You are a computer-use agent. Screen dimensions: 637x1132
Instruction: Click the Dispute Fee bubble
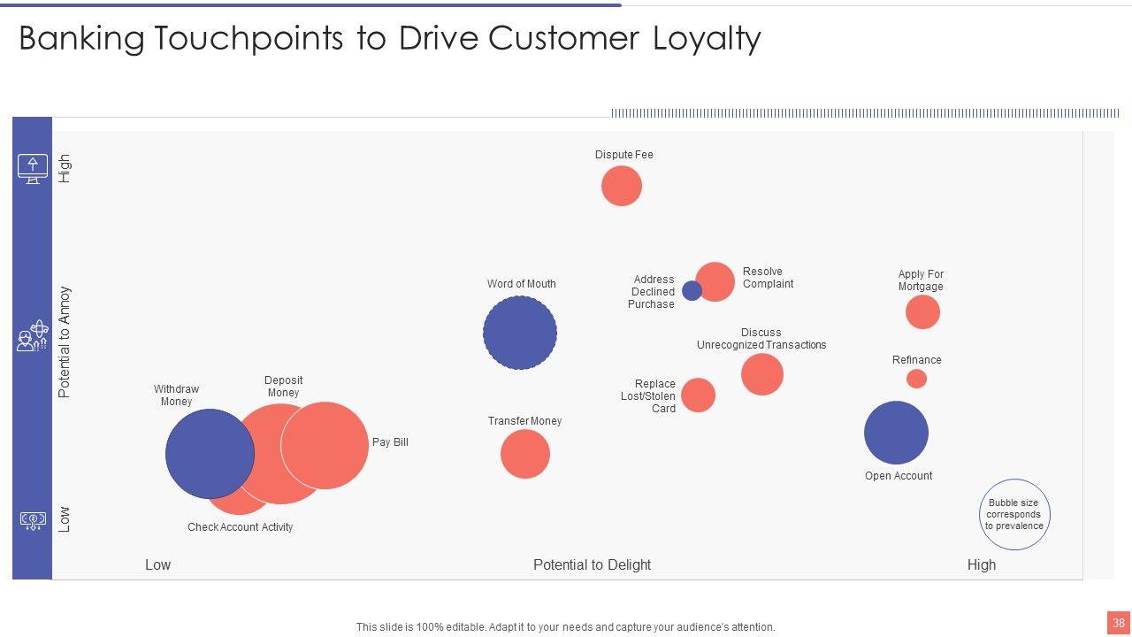621,187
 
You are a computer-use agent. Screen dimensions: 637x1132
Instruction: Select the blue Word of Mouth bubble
520,333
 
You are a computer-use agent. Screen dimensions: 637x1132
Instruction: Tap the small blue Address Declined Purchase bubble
692,290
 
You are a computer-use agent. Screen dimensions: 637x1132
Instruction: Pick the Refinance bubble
916,379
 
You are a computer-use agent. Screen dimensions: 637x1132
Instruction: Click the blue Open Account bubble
896,433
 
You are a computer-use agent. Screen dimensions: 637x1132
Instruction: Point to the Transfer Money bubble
525,454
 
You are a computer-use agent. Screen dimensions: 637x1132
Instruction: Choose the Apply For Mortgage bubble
922,312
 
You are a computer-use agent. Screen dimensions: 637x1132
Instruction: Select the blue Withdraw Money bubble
210,454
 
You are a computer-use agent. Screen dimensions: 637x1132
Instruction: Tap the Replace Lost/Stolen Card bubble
698,395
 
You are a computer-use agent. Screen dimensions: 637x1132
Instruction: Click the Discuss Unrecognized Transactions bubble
762,374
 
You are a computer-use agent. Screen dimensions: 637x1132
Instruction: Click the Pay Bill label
390,442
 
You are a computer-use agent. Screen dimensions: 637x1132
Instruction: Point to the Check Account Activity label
240,527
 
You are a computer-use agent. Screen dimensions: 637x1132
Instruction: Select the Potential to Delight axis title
592,565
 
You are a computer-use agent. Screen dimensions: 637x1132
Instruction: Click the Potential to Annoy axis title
64,342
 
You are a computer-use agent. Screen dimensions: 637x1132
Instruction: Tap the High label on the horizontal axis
982,565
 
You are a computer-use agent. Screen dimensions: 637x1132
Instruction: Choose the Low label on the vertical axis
64,518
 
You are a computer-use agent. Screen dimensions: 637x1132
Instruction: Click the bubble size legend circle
1014,515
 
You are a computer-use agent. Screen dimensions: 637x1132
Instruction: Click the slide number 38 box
1119,623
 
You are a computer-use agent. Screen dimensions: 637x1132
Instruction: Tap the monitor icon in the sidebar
33,168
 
